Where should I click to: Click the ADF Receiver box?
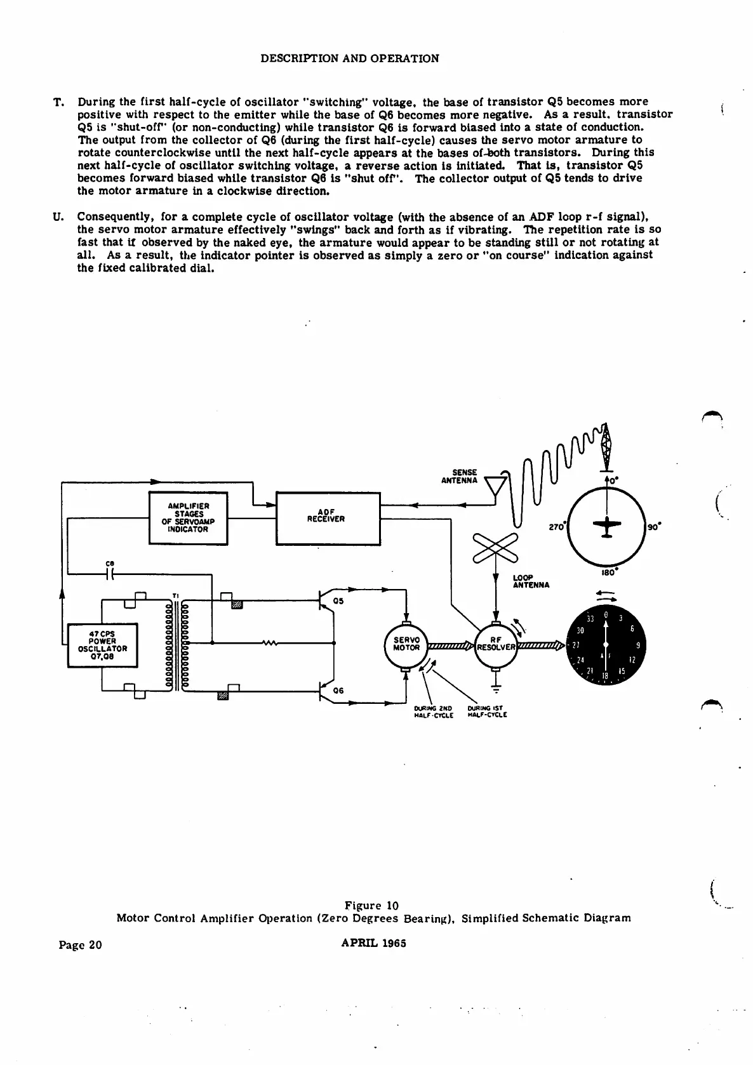click(x=328, y=518)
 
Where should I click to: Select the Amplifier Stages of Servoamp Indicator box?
click(x=188, y=518)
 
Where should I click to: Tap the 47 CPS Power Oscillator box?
click(x=102, y=645)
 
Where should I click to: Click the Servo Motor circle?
click(x=406, y=645)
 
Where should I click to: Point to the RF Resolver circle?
click(x=496, y=645)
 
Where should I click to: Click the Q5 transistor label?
click(x=338, y=601)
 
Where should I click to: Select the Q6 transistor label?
click(x=338, y=690)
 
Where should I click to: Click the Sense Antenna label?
click(x=460, y=477)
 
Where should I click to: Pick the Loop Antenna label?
click(x=531, y=581)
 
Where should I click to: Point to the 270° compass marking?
click(x=556, y=527)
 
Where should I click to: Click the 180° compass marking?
click(x=610, y=571)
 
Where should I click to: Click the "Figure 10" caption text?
click(x=371, y=905)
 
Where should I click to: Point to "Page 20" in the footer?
click(x=80, y=944)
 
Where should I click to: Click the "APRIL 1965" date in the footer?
click(x=373, y=943)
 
